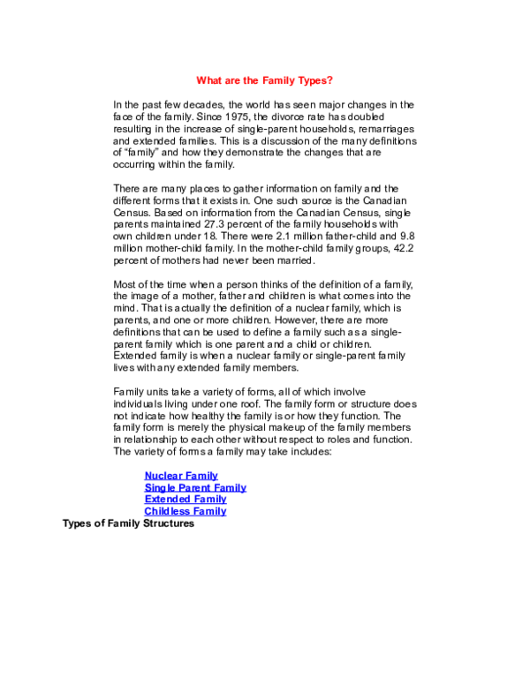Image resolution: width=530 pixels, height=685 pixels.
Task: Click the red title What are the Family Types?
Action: point(264,80)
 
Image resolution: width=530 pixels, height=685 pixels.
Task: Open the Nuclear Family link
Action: point(181,476)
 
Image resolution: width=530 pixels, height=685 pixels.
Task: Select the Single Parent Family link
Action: point(195,487)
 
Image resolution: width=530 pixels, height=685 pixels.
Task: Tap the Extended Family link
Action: point(185,500)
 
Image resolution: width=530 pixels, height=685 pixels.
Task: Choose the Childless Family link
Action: point(185,511)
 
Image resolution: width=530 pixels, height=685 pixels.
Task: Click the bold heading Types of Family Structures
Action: point(128,523)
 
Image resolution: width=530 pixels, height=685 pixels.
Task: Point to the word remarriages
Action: point(386,129)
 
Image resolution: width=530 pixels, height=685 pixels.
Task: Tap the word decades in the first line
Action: point(204,105)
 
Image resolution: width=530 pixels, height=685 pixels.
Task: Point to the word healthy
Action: point(207,416)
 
